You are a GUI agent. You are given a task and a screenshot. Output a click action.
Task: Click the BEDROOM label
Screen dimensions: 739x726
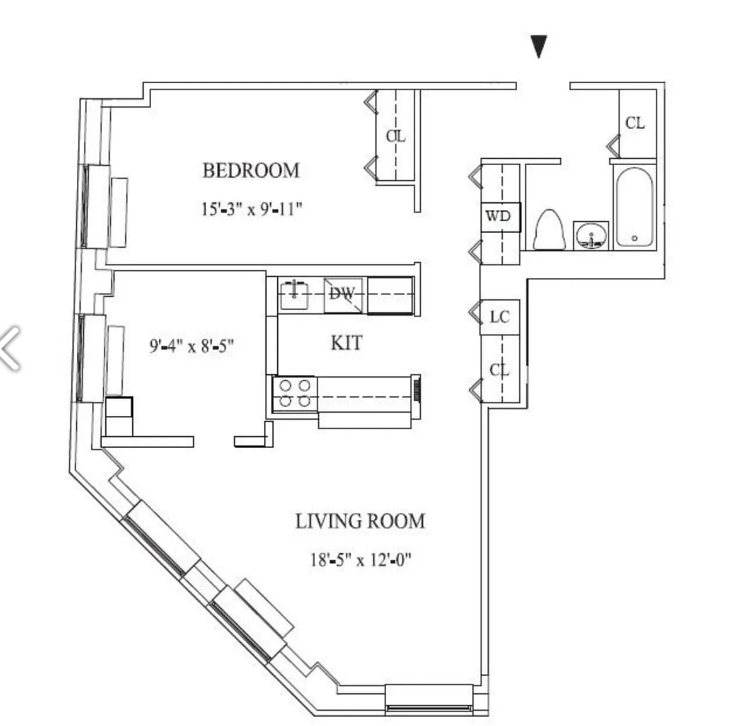[251, 170]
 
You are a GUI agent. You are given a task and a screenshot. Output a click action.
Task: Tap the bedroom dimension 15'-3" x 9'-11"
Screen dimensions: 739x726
[251, 209]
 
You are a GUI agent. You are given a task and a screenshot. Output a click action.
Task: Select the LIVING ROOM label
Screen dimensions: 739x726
[360, 521]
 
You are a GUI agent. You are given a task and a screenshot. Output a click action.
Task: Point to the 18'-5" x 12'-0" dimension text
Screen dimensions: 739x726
[360, 559]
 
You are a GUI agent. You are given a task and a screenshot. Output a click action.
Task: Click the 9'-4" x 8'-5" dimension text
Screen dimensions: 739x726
[192, 346]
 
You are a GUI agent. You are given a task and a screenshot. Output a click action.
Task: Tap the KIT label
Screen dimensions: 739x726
[346, 343]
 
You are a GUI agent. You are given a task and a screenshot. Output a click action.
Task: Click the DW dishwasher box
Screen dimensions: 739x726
[343, 294]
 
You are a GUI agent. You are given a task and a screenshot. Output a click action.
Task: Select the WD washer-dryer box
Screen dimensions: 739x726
[498, 216]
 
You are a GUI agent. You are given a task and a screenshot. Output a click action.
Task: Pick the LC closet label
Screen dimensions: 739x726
[499, 316]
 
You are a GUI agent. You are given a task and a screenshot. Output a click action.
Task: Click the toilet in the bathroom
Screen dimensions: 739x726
[548, 229]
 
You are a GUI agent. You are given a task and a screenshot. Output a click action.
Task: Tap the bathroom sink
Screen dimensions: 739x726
[591, 236]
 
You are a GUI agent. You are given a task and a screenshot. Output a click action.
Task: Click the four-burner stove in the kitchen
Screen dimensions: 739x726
[295, 393]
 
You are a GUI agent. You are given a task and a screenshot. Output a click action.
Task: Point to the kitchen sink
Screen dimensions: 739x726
[294, 294]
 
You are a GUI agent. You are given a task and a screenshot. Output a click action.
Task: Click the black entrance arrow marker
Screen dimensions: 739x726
[539, 46]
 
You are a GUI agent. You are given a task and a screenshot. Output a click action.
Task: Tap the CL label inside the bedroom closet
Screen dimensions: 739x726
[396, 135]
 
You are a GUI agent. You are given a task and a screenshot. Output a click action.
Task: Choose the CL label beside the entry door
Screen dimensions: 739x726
[635, 123]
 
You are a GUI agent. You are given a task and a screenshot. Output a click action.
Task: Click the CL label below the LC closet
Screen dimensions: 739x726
[499, 369]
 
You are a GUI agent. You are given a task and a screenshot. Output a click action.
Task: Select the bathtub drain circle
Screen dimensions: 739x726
[634, 238]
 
